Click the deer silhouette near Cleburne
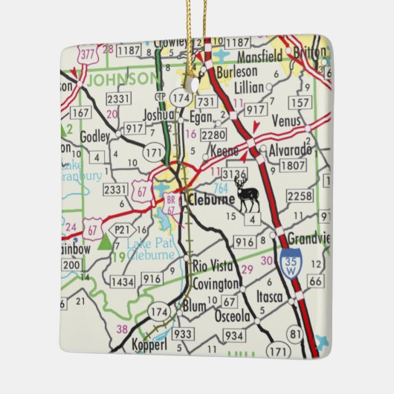[247, 194]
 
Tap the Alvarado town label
[291, 149]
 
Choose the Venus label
[287, 120]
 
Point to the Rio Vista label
[213, 265]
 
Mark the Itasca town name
[271, 297]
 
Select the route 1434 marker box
[122, 281]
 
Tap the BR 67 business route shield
[170, 204]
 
